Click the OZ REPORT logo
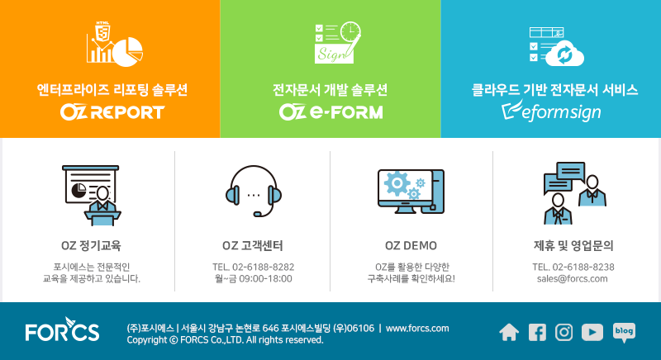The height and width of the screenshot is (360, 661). [112, 112]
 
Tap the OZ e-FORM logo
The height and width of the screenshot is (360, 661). [331, 112]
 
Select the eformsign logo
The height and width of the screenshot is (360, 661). [551, 111]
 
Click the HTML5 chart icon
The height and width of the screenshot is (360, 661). [115, 44]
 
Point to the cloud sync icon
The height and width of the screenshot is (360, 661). [556, 47]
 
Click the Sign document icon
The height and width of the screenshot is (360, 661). [338, 43]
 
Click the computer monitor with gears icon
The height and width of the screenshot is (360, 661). [411, 192]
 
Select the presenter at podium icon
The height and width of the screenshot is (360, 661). [91, 196]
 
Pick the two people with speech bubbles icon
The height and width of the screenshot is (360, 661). [574, 193]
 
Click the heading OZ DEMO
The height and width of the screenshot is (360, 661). [411, 245]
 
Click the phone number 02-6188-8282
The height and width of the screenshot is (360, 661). [263, 267]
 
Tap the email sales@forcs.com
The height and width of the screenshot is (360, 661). [572, 279]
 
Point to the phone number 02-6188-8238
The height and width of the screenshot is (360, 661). [583, 267]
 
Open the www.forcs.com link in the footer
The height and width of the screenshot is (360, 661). [417, 329]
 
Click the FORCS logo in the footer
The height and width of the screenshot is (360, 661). [63, 329]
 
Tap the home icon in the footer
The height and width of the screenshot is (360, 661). [509, 332]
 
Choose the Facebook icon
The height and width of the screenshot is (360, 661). [537, 332]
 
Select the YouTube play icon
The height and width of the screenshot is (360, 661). [592, 332]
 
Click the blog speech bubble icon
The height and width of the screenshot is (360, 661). [624, 333]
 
